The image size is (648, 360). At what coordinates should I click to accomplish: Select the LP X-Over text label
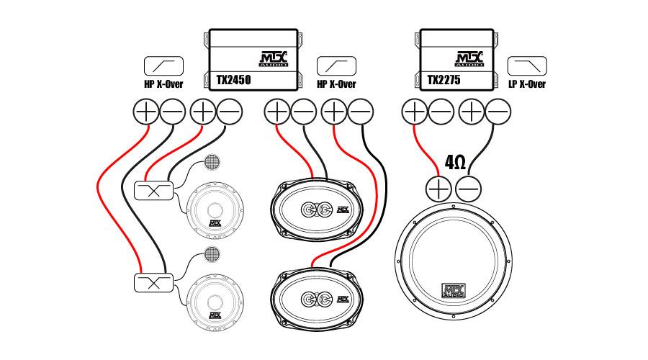pyautogui.click(x=526, y=84)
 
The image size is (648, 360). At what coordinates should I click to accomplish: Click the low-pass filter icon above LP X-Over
pyautogui.click(x=526, y=66)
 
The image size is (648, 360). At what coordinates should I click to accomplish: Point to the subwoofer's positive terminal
pyautogui.click(x=438, y=189)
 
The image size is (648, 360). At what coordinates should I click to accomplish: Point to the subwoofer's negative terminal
pyautogui.click(x=469, y=189)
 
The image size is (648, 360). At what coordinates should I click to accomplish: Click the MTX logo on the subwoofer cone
pyautogui.click(x=454, y=291)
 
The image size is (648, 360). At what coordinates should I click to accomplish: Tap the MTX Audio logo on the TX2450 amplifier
pyautogui.click(x=273, y=58)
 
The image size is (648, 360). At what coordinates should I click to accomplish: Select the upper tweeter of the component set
pyautogui.click(x=212, y=162)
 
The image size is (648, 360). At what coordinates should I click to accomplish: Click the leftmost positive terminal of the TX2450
pyautogui.click(x=146, y=112)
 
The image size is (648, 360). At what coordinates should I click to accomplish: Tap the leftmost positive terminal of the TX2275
pyautogui.click(x=414, y=112)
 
